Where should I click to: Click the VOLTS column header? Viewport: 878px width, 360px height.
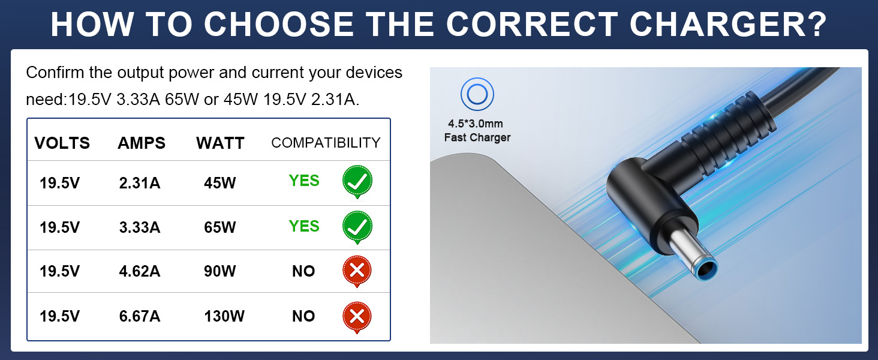tap(62, 143)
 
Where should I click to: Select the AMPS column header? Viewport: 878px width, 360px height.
tap(142, 143)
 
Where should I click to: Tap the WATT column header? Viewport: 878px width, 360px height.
tap(220, 143)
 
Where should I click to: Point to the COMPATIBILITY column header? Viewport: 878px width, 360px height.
tap(326, 143)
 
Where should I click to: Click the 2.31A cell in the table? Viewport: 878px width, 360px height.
tap(140, 183)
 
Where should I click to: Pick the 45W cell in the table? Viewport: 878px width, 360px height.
tap(220, 183)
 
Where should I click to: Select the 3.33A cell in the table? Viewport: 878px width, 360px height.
tap(140, 227)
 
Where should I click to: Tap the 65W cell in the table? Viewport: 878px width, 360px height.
tap(220, 227)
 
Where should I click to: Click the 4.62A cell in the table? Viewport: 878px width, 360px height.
tap(140, 271)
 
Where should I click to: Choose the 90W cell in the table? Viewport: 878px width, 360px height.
tap(220, 271)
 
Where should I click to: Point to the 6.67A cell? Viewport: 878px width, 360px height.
tap(140, 316)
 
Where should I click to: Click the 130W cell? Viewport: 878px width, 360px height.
tap(224, 316)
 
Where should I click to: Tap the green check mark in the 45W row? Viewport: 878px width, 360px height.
tap(357, 182)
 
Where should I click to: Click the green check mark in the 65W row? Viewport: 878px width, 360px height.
tap(357, 227)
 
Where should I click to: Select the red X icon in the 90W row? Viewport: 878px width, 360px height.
tap(357, 271)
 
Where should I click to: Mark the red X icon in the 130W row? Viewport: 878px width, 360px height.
tap(357, 317)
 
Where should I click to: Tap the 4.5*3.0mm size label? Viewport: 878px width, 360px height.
tap(476, 124)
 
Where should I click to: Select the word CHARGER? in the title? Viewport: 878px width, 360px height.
tap(728, 25)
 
